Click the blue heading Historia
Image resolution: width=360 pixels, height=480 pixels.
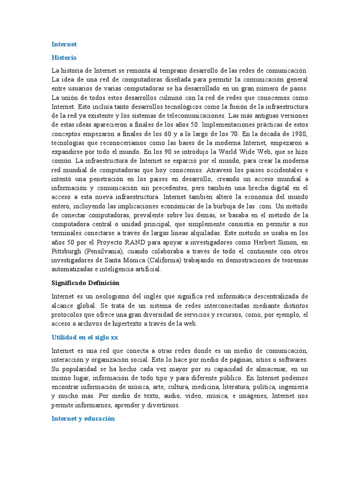[64, 58]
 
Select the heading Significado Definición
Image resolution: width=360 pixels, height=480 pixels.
[85, 283]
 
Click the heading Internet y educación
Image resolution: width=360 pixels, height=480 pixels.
[83, 419]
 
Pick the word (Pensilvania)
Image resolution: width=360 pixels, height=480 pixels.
[107, 251]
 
